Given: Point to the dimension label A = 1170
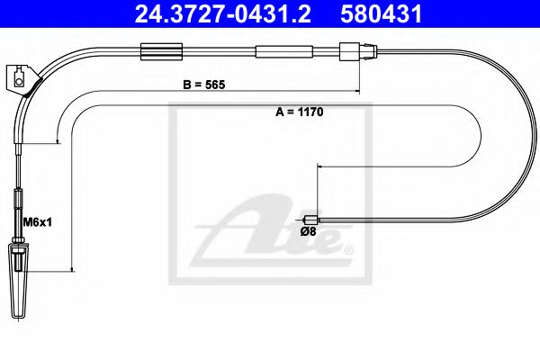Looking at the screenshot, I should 298,114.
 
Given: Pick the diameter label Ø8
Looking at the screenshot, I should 307,231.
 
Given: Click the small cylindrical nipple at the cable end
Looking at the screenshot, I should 310,218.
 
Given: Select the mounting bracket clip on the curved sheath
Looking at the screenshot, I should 21,78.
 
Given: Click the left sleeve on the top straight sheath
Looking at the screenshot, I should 153,51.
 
